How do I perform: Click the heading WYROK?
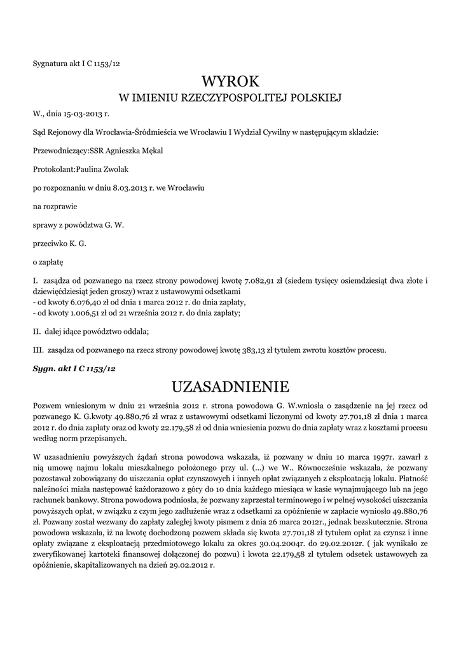(230, 81)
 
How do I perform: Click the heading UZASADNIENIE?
(230, 386)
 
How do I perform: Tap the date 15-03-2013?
(83, 115)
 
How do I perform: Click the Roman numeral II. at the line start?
(37, 331)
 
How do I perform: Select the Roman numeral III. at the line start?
(38, 349)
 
